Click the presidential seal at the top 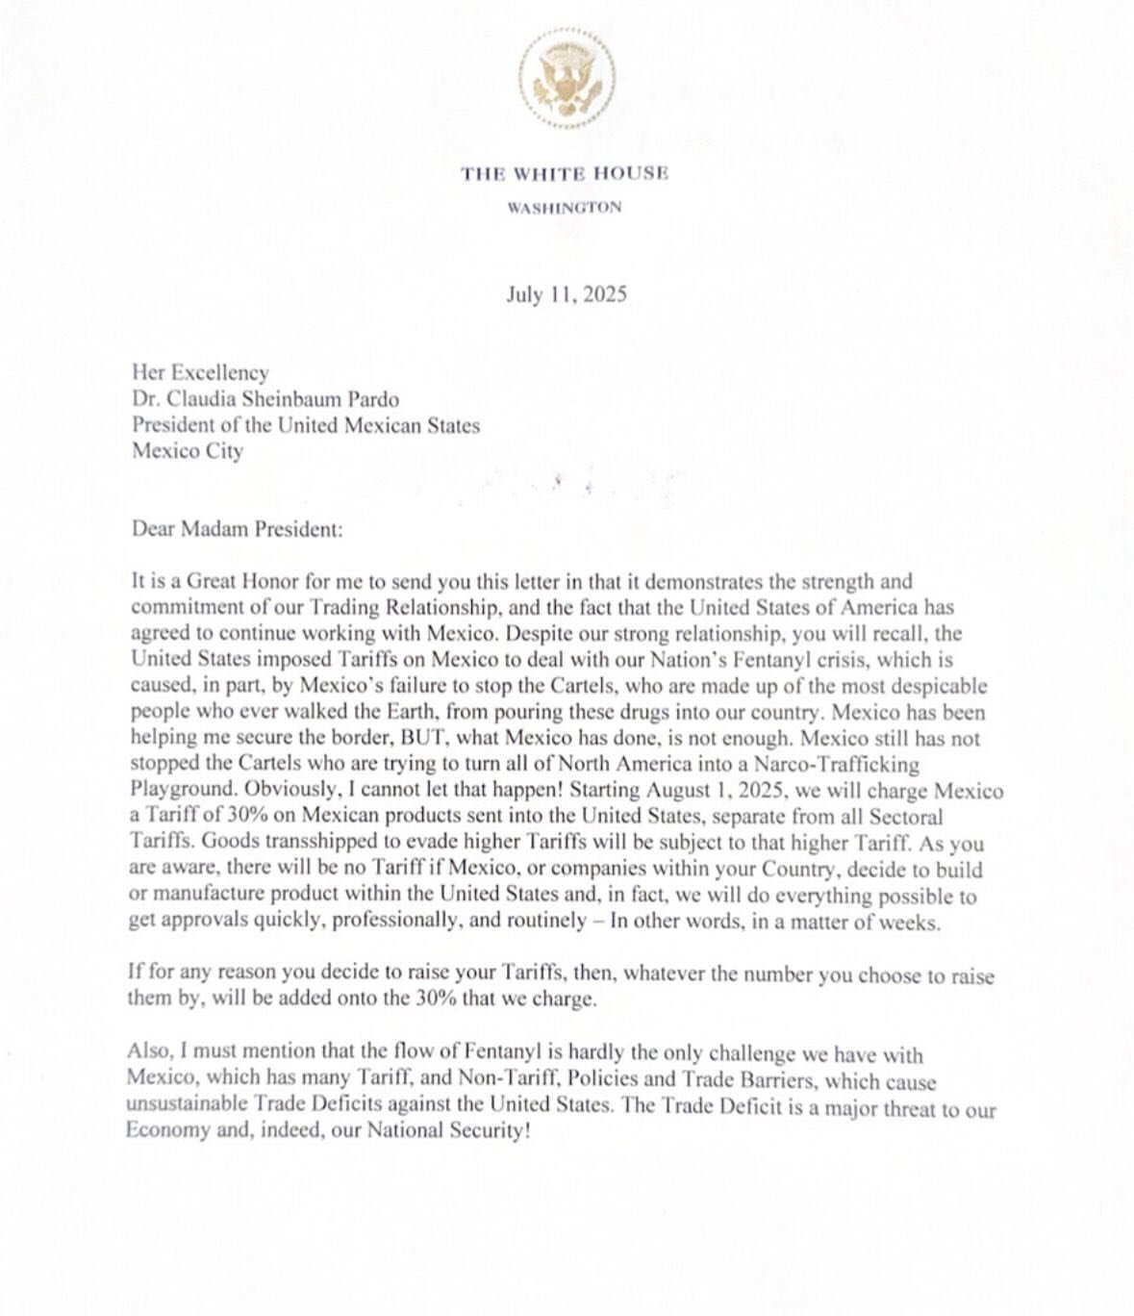tap(567, 78)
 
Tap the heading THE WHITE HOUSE tap(565, 174)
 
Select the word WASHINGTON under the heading tap(565, 207)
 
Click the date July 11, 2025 tap(567, 294)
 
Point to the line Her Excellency tap(200, 372)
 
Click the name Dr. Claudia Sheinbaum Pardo tap(265, 398)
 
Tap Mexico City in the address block tap(188, 450)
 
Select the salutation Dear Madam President tap(237, 529)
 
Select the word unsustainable tap(187, 1104)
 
